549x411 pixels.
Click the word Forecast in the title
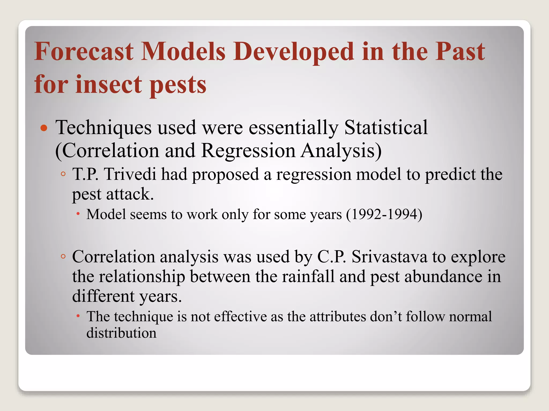point(84,51)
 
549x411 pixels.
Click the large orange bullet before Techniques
point(44,128)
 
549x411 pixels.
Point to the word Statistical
point(386,128)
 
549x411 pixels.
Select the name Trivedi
point(130,174)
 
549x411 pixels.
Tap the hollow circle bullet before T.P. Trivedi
point(63,174)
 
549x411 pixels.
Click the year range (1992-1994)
point(384,215)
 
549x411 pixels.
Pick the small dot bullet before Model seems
point(78,214)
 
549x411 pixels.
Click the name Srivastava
point(389,257)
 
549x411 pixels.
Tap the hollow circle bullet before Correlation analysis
point(63,257)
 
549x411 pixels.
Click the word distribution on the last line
point(121,333)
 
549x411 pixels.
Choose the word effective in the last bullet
point(240,317)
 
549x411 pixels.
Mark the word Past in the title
point(460,51)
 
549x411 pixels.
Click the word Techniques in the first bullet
point(103,128)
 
